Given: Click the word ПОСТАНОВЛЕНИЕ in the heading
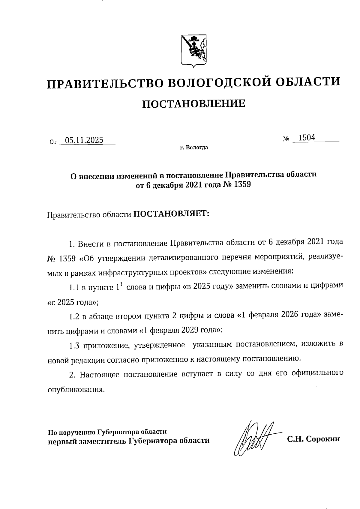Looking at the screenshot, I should click(193, 104).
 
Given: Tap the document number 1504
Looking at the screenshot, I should click(307, 138).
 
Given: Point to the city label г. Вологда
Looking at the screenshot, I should click(194, 148).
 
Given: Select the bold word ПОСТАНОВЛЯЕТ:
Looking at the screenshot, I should click(171, 214).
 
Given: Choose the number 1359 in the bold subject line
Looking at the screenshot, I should click(241, 185).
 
